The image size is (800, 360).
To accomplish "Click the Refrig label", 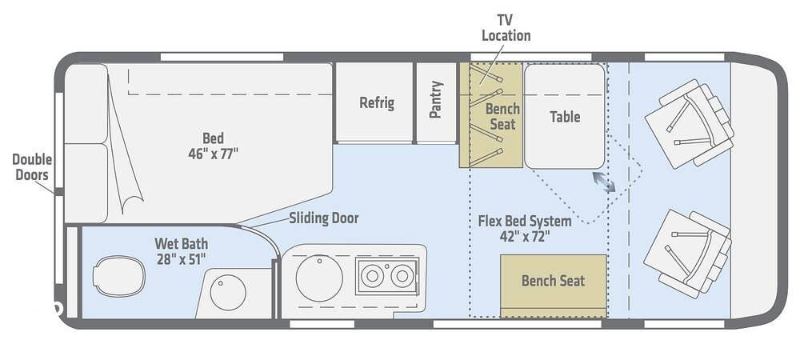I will [376, 102].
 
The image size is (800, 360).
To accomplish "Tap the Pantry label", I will [436, 100].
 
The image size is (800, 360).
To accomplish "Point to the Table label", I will [565, 117].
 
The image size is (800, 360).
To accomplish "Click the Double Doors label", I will [31, 166].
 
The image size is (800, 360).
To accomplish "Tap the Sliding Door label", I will [323, 218].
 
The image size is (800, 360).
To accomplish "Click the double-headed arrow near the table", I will [604, 182].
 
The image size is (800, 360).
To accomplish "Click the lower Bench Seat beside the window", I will [553, 281].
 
